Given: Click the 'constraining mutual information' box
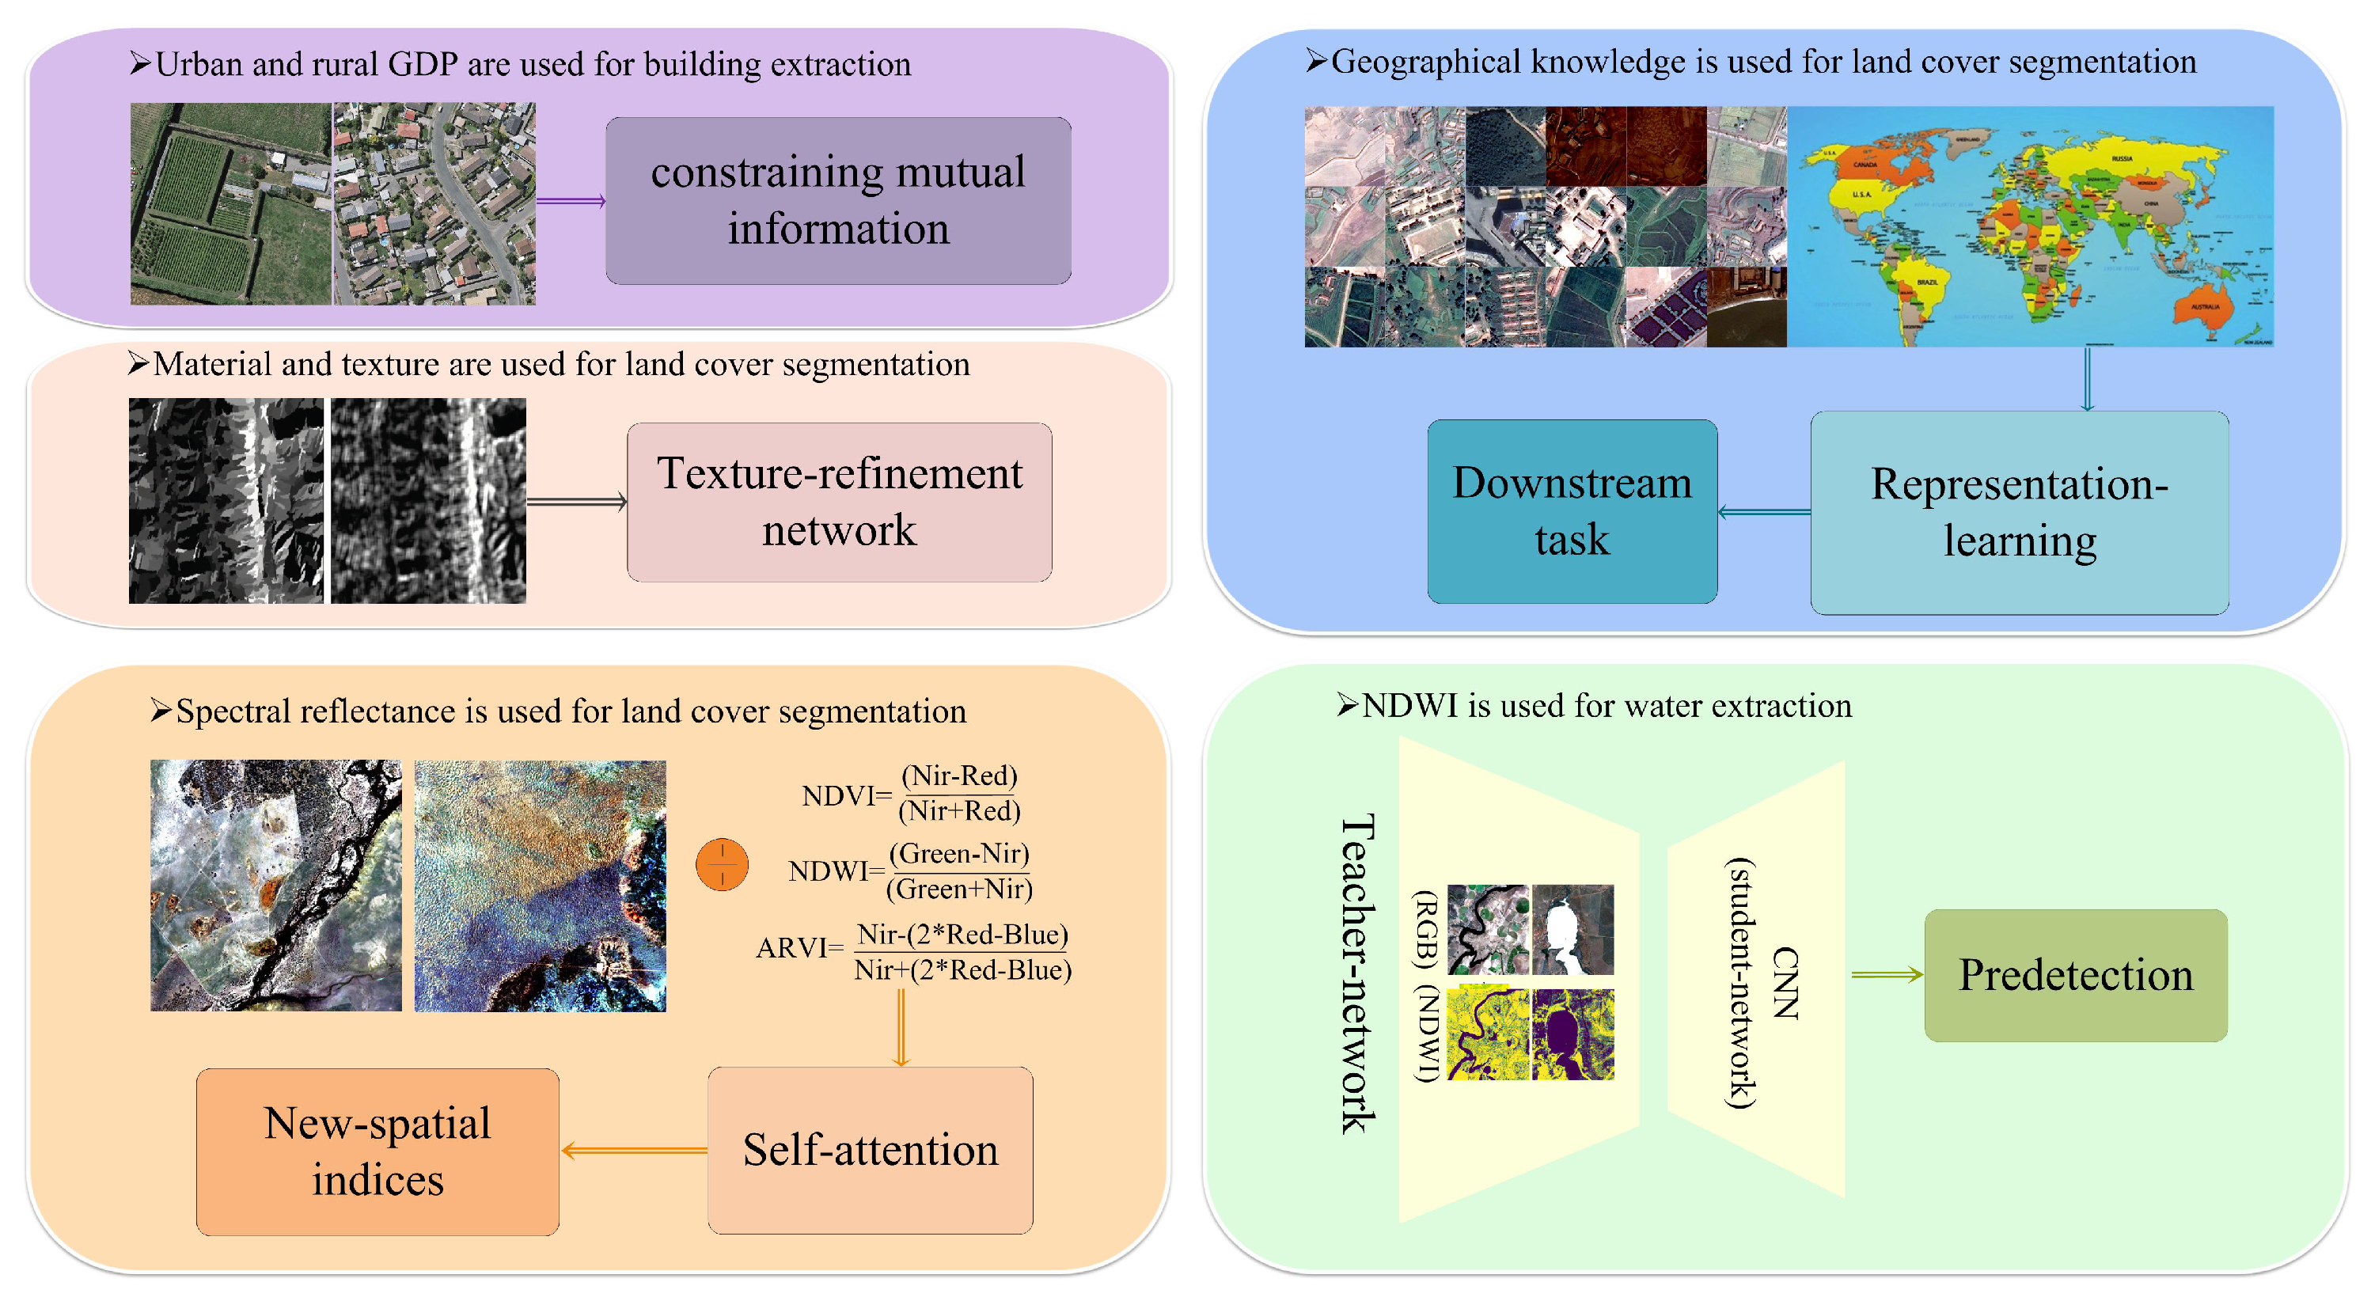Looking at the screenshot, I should coord(837,200).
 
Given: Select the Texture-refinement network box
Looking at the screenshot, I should coord(839,503).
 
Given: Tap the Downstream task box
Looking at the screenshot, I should coord(1571,511).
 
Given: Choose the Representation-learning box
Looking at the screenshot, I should coord(2019,513).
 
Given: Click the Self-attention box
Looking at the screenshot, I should coord(870,1150).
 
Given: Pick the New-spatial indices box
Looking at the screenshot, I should coord(377,1151).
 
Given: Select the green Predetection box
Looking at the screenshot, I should coord(2075,975).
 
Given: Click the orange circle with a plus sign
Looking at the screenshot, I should coord(722,865).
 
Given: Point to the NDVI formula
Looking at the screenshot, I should coord(911,793).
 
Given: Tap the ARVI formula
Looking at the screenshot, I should coord(913,950).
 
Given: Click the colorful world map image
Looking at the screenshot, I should coord(2030,226).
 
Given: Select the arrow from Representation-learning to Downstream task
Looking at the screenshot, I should coord(1763,511).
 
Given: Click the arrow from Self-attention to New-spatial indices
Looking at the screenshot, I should coord(633,1150).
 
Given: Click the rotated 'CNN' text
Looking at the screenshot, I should coord(1785,983).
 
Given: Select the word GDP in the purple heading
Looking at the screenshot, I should coord(423,64).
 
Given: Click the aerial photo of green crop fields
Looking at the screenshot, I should coord(230,203).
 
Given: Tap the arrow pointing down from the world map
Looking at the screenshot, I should coord(2087,378).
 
